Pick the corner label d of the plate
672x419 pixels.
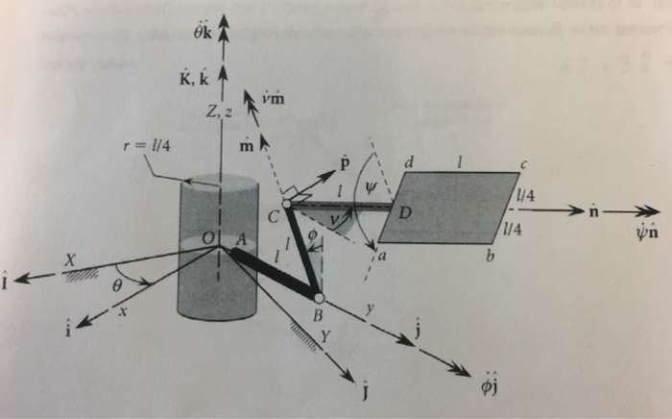409,164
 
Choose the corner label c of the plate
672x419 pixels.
524,163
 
